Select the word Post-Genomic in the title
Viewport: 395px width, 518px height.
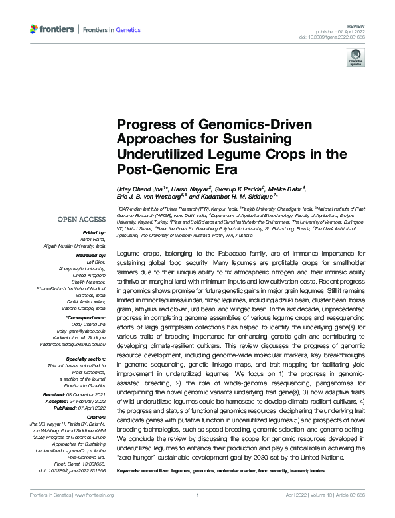(x=155, y=168)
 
